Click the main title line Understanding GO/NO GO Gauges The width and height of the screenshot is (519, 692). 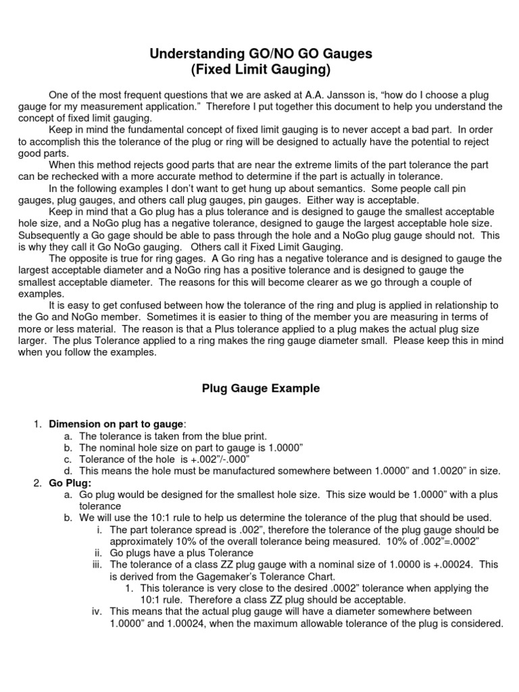(260, 54)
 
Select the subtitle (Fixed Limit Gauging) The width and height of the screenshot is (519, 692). (260, 70)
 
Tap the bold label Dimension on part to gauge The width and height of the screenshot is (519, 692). (116, 424)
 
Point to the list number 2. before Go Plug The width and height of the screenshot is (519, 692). (37, 483)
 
